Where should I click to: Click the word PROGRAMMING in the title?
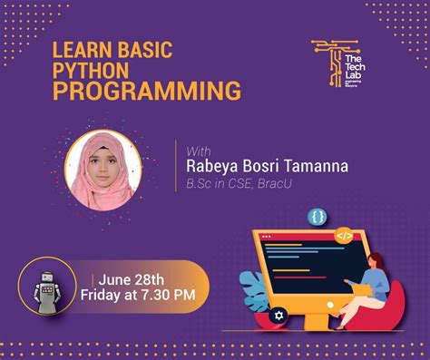[x=145, y=92]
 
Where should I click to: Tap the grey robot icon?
[x=44, y=287]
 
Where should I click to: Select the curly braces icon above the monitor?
[x=317, y=217]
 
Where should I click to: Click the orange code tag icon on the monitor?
[x=344, y=236]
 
